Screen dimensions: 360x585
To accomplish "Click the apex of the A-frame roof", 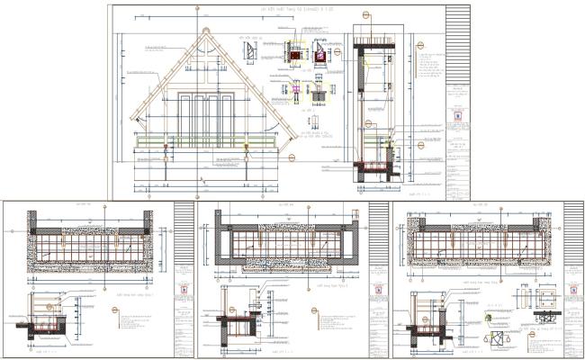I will tap(206, 29).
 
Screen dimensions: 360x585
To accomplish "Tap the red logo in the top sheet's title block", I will tap(458, 115).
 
